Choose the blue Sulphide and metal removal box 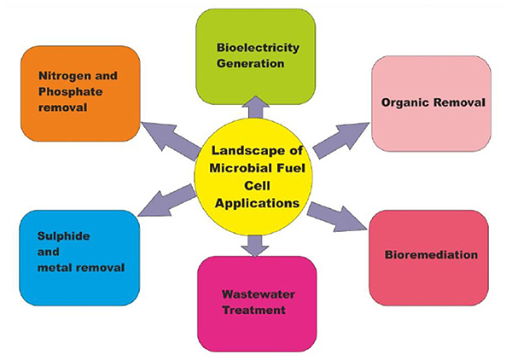[77, 256]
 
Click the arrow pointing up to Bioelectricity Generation [256, 106]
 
